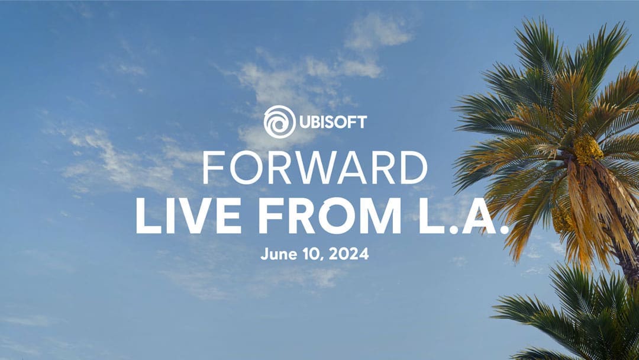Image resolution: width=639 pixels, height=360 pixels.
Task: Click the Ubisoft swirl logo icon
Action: point(279,121)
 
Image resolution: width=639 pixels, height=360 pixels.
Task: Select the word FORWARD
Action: point(315,168)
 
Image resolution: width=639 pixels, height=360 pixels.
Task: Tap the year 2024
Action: point(348,253)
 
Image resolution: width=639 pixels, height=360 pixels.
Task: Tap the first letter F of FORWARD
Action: point(213,168)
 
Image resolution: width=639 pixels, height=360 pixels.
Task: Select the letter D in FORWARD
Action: point(413,168)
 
